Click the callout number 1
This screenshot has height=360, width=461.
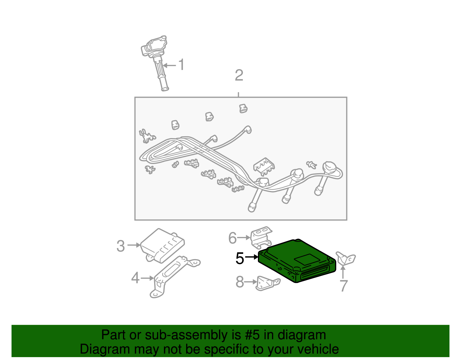point(182,65)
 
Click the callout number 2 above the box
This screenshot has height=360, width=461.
point(239,75)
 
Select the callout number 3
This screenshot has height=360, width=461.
point(121,246)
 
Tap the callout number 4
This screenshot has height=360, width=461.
point(136,278)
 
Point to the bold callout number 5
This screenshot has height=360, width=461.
point(240,258)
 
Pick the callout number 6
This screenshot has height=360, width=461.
point(233,238)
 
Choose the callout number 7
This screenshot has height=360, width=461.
point(344,286)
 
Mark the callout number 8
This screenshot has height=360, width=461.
point(240,282)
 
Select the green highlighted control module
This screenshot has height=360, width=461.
point(297,261)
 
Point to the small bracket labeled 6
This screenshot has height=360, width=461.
point(261,237)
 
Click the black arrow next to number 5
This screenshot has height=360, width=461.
point(252,257)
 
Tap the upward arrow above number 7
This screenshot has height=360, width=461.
point(343,272)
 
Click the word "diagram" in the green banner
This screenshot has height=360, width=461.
point(302,335)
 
